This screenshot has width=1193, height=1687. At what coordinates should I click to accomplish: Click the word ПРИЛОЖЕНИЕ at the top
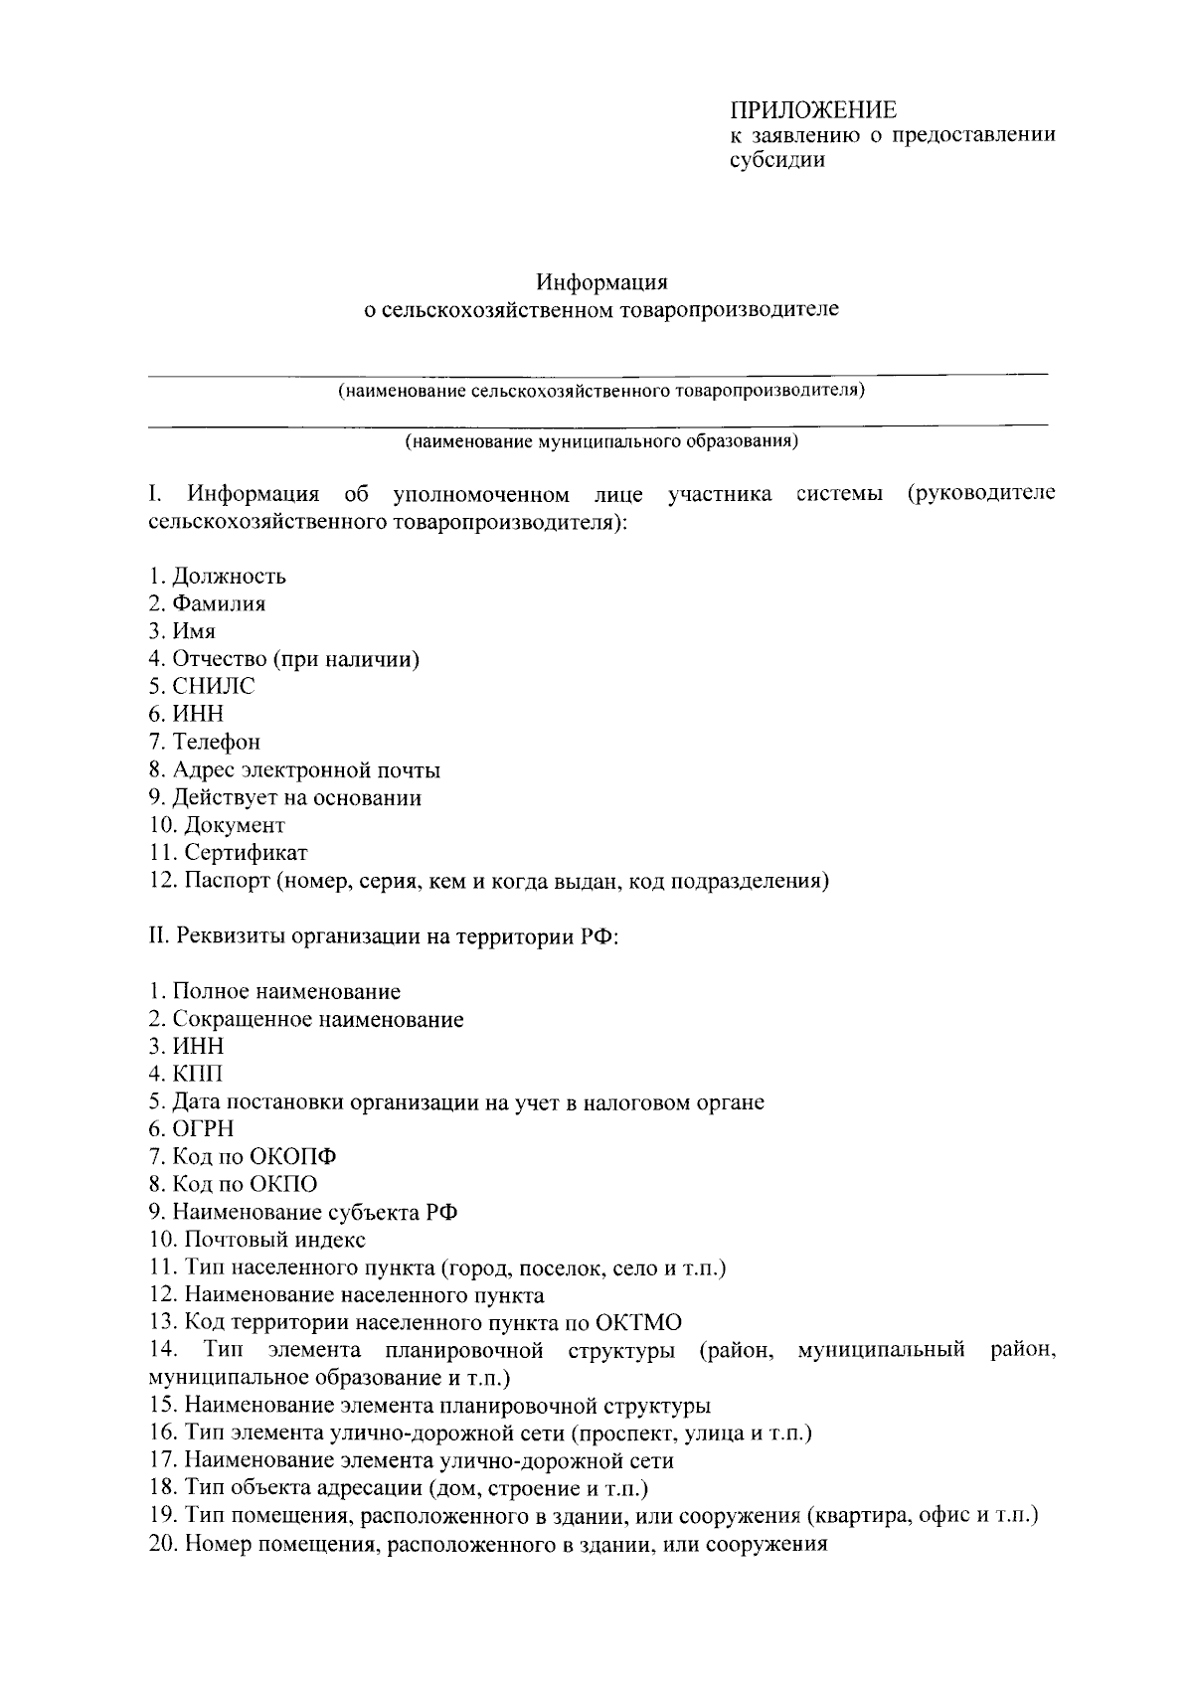813,110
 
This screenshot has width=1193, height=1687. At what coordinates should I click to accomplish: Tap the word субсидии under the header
777,160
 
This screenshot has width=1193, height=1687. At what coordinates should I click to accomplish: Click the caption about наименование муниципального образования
600,441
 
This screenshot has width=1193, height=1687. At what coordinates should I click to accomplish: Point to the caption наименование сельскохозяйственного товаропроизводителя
600,391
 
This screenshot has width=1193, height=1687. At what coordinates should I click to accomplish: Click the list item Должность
229,576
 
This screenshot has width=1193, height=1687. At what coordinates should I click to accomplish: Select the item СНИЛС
214,686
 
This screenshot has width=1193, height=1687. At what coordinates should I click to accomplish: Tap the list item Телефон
217,742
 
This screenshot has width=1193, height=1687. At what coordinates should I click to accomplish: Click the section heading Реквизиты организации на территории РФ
397,936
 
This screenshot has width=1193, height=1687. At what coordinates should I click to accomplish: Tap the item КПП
198,1074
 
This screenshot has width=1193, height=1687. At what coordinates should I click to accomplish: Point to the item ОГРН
203,1128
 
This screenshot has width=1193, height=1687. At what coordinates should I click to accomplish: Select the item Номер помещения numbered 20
505,1544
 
